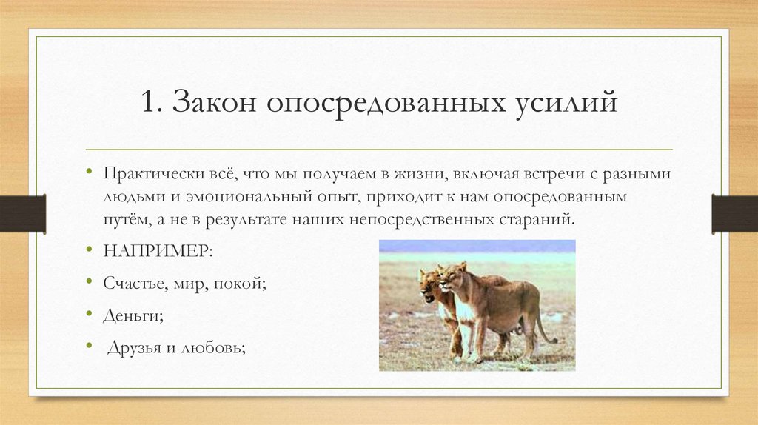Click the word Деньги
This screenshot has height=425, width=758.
[133, 315]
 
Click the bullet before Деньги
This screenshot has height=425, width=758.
[89, 315]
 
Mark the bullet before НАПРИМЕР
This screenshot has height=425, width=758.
[89, 250]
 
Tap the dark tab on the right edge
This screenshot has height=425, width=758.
[734, 213]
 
